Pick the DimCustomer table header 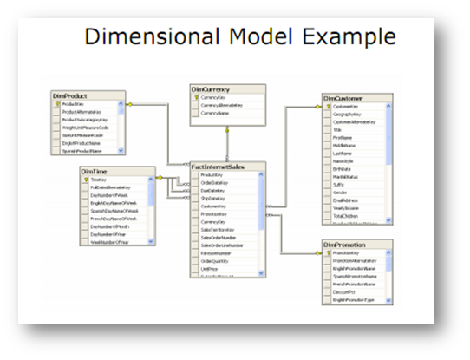343,98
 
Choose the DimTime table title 96,172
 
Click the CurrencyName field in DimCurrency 217,113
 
